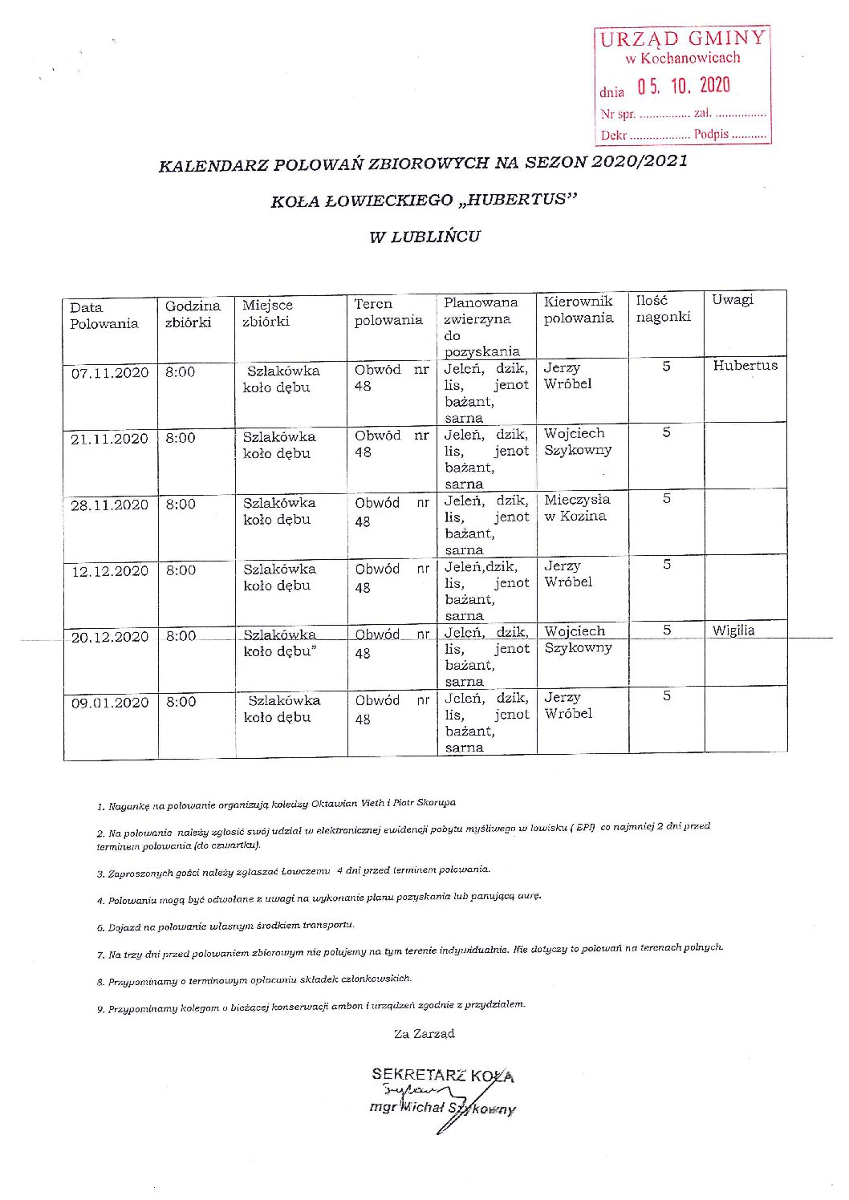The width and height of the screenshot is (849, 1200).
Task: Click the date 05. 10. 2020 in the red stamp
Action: point(684,86)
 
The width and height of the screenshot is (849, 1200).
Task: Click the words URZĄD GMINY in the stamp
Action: point(683,38)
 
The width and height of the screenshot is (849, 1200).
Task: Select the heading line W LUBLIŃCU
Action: point(424,237)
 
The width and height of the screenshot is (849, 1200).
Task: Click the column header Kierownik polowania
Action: point(579,310)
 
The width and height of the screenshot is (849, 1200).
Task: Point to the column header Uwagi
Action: point(733,299)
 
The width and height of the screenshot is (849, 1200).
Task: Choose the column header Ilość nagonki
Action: point(663,309)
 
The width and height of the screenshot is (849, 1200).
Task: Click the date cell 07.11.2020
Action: point(110,373)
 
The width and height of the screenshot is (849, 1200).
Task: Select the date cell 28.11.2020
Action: point(110,505)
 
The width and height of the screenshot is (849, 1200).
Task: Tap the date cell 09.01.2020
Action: point(110,703)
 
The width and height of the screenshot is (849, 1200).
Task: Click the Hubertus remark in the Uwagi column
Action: point(745,366)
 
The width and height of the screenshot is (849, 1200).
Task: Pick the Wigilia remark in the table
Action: point(733,630)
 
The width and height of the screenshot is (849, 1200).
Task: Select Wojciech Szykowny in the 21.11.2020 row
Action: point(578,442)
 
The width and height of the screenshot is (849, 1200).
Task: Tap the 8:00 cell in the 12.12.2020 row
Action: point(181,570)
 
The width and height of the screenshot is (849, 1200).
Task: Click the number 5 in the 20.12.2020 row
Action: point(667,630)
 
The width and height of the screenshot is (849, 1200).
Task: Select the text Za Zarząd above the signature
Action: point(424,1034)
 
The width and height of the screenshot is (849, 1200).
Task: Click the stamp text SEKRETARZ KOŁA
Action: point(443,1075)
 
